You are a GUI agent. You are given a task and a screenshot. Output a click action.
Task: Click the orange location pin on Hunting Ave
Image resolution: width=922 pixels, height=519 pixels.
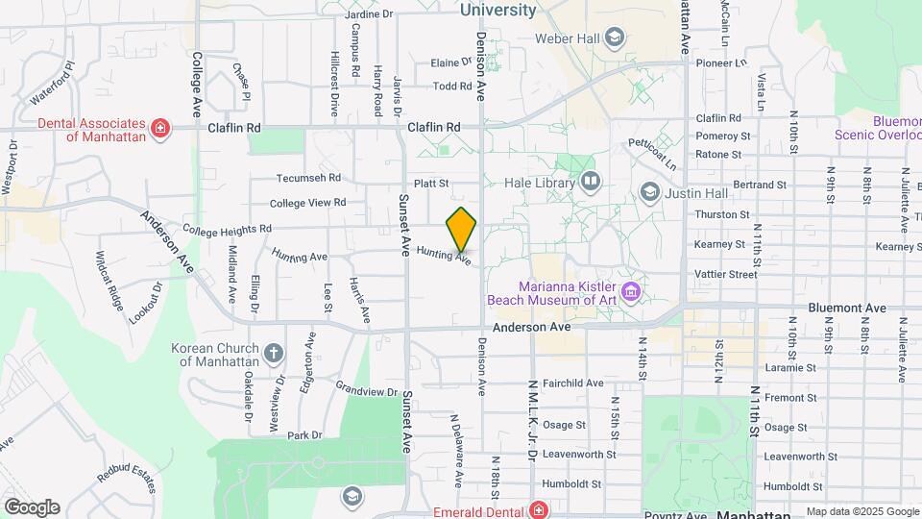click(461, 229)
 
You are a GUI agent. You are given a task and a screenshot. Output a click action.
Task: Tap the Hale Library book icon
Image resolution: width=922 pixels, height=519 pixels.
click(591, 181)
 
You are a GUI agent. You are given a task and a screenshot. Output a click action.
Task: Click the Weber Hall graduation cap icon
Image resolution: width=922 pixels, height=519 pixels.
click(615, 38)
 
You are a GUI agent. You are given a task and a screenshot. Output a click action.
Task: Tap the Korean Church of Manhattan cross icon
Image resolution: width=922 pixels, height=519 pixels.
click(273, 354)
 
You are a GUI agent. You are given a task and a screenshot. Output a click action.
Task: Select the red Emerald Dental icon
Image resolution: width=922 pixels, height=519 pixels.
click(539, 509)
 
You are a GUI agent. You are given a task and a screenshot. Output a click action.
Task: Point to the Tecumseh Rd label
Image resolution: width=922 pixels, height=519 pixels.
click(309, 178)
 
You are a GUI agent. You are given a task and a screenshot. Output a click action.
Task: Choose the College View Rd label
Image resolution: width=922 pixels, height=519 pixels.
click(307, 203)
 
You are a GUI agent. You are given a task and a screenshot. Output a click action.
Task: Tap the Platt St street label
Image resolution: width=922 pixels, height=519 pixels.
click(432, 183)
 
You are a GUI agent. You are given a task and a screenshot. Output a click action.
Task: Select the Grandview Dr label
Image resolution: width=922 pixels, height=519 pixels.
click(366, 391)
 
